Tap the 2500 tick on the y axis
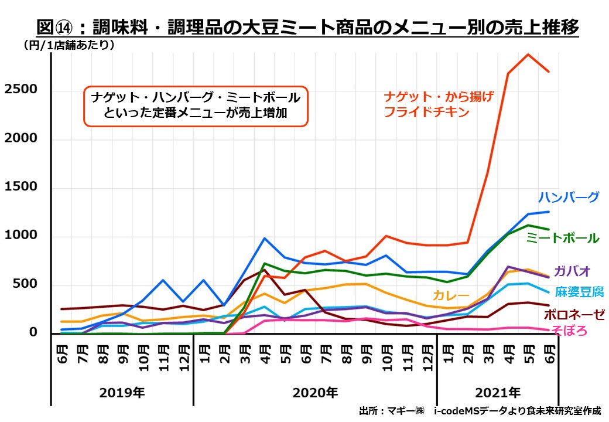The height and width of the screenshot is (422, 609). click(x=22, y=89)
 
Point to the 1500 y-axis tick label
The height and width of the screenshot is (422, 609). click(x=22, y=186)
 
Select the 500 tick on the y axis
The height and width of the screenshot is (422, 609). click(x=26, y=284)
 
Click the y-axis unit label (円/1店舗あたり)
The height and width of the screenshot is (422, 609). click(x=69, y=45)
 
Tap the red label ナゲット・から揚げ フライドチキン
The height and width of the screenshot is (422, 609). click(x=439, y=104)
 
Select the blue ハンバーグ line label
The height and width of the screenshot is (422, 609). click(x=569, y=197)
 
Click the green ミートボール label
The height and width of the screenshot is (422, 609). click(x=562, y=238)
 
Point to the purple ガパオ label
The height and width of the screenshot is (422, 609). click(x=570, y=271)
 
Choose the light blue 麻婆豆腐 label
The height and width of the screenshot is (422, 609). click(x=580, y=292)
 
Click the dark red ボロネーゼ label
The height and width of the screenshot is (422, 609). click(x=574, y=315)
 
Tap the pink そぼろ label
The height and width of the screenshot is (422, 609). click(x=568, y=331)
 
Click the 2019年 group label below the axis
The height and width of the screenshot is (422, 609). click(x=122, y=391)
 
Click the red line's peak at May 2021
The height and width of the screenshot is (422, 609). click(x=528, y=55)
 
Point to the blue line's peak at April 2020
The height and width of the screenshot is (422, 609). click(x=265, y=238)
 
